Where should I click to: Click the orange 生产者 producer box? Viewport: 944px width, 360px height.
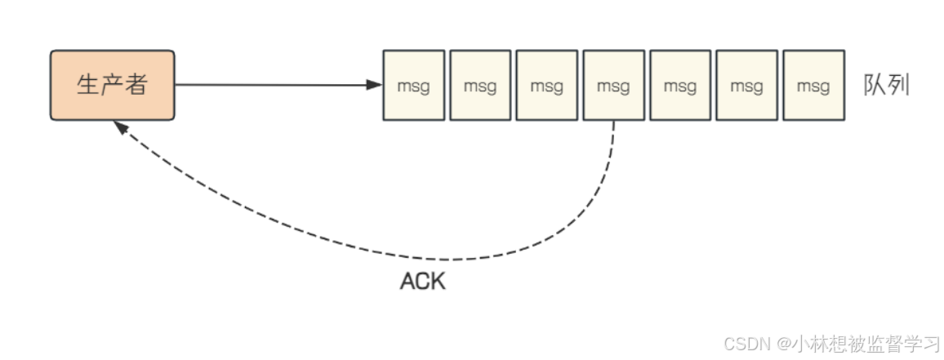(113, 85)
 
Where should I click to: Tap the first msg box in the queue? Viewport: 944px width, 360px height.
(413, 85)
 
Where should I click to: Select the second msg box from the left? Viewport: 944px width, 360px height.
(480, 85)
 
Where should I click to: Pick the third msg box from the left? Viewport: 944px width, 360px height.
(547, 85)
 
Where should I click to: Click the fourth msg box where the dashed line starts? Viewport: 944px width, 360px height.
(613, 85)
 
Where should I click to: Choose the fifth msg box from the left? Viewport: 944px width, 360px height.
(680, 85)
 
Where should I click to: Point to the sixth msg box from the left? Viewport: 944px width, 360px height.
(746, 85)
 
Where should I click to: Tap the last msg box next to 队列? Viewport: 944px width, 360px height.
(813, 85)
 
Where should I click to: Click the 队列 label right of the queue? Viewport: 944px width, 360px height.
(887, 85)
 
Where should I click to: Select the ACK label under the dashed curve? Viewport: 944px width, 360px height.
(423, 282)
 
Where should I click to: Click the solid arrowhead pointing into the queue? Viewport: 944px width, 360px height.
(376, 84)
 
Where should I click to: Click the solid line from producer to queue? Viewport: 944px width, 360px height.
(269, 84)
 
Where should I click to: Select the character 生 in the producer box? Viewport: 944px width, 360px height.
(88, 85)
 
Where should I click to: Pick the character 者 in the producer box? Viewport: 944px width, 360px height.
(136, 85)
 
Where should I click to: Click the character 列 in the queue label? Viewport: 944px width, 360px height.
(898, 85)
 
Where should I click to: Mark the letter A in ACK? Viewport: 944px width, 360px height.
(407, 282)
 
